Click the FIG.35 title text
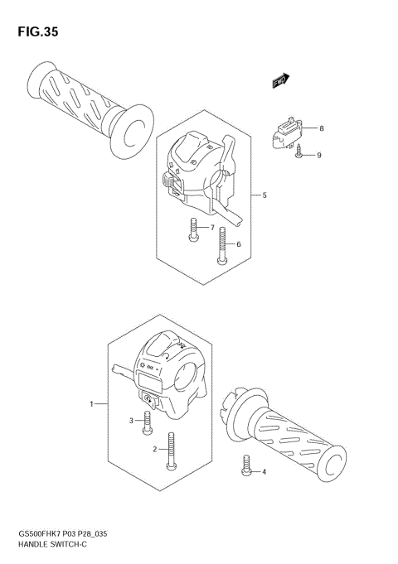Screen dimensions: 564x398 coord(36,32)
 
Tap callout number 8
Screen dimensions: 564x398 coord(322,128)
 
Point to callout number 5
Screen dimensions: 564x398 coord(264,195)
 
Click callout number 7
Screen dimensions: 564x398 coord(212,228)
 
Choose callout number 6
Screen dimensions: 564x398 coord(239,244)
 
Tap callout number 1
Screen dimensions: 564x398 coord(92,404)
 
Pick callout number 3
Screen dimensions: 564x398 coord(130,421)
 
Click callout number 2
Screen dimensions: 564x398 coord(154,449)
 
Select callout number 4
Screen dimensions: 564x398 coord(264,472)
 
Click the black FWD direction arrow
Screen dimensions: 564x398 coord(281,80)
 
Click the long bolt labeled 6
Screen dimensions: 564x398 coord(221,246)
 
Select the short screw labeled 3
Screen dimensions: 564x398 coord(148,424)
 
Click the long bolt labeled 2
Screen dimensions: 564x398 coord(172,451)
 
